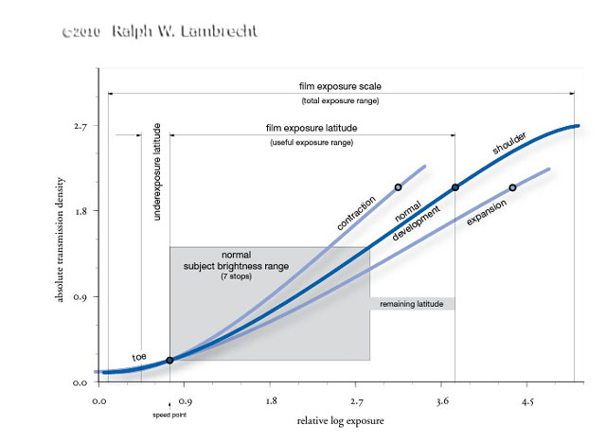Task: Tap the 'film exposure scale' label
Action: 340,86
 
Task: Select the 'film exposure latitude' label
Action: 312,128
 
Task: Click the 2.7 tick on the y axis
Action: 80,125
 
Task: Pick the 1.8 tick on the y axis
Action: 80,211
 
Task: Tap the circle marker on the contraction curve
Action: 398,187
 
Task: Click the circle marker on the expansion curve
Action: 512,187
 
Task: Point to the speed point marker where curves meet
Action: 169,361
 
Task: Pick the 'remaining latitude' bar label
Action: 412,304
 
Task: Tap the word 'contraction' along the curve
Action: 355,212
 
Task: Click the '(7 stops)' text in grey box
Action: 237,275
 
